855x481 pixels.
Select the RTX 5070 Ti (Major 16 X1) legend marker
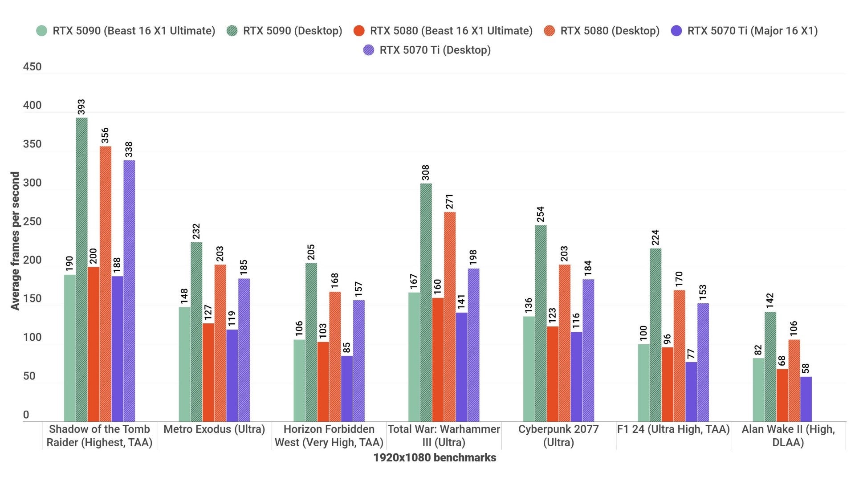(676, 31)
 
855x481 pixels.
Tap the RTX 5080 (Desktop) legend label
(609, 31)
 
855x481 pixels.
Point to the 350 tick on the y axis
(32, 144)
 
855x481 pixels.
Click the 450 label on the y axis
(32, 67)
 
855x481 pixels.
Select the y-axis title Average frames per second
(15, 240)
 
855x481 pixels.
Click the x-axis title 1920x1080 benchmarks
(435, 457)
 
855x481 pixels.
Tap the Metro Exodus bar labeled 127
(208, 372)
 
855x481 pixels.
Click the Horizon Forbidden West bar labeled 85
(347, 388)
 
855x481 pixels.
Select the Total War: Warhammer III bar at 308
(426, 302)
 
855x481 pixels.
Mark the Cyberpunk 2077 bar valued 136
(529, 369)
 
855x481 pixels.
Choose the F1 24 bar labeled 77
(691, 391)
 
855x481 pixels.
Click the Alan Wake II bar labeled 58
(806, 399)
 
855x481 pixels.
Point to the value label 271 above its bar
(449, 201)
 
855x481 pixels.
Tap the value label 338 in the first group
(129, 149)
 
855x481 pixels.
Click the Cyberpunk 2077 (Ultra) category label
(558, 436)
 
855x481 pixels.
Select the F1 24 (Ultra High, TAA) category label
(673, 429)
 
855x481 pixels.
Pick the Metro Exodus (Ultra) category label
(214, 429)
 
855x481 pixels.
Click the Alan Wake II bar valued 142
(770, 367)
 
